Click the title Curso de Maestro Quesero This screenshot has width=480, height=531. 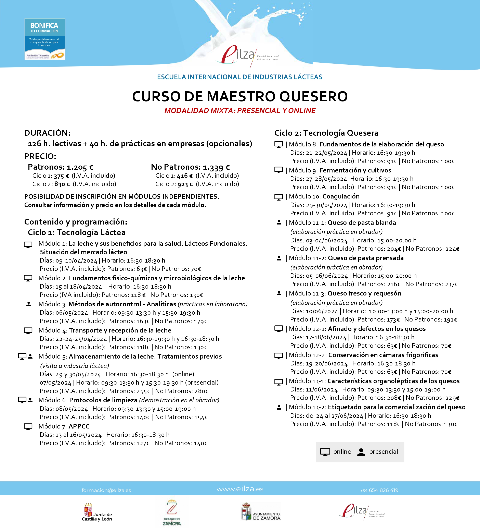tap(240, 96)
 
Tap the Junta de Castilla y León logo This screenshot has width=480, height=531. tap(96, 512)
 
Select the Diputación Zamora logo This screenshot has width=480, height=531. tap(172, 512)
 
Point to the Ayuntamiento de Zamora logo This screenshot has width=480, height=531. tap(261, 512)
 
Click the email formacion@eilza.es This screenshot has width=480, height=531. tap(106, 490)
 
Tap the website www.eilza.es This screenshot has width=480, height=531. tap(240, 489)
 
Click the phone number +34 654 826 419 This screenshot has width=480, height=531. tap(379, 490)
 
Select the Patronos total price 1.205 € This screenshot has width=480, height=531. tap(80, 167)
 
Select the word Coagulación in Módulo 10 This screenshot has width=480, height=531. tap(341, 196)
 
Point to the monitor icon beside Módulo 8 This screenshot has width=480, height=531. tap(278, 145)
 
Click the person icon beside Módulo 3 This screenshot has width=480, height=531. tap(29, 304)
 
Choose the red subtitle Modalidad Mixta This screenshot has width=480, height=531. tap(240, 111)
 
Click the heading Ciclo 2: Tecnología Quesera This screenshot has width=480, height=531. tap(326, 133)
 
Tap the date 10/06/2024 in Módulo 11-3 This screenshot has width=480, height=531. tap(322, 311)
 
